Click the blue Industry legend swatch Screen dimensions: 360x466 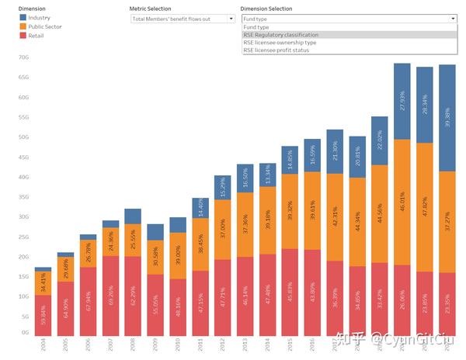[23, 17]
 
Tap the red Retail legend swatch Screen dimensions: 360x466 [23, 35]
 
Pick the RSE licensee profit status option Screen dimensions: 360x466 [276, 50]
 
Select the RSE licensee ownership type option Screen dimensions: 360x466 [280, 42]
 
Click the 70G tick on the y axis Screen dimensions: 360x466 [23, 57]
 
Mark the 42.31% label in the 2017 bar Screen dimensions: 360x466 [335, 217]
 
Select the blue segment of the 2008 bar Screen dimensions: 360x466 [133, 216]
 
